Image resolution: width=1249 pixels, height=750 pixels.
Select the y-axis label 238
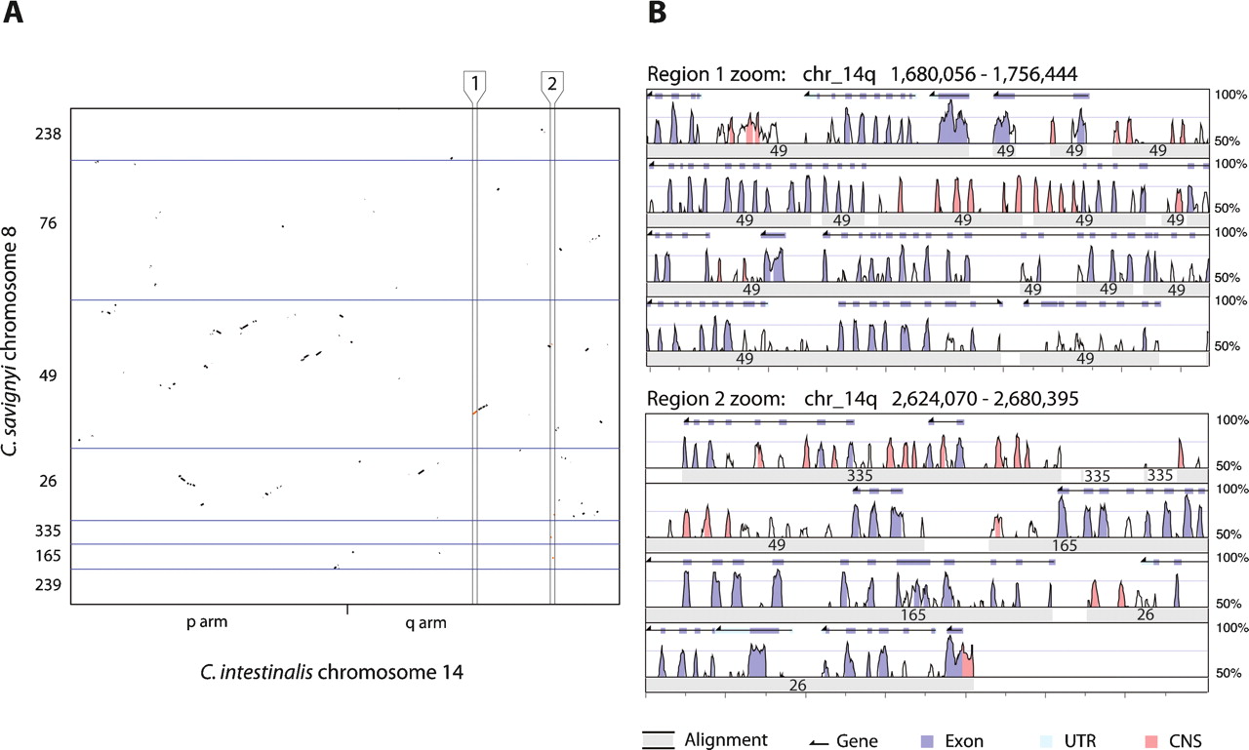coord(49,134)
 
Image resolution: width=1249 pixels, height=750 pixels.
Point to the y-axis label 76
coord(49,223)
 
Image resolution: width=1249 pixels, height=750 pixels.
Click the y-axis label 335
coord(49,532)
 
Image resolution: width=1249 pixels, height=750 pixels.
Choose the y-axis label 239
coord(49,585)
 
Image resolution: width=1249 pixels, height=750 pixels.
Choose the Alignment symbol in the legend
coord(660,739)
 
